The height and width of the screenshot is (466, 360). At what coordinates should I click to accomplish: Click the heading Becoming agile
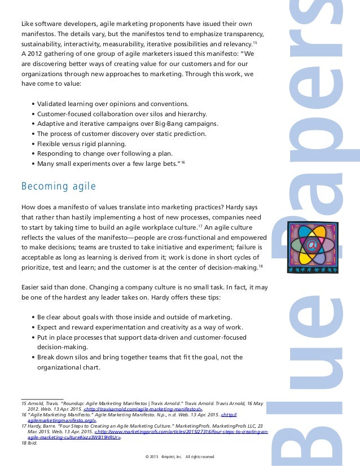58,186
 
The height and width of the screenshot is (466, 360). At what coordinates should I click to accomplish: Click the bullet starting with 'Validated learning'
113,104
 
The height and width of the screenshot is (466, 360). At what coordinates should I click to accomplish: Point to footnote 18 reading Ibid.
27,443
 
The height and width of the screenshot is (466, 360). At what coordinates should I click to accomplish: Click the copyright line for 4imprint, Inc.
179,456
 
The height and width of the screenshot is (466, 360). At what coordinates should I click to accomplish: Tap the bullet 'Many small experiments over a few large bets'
108,164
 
